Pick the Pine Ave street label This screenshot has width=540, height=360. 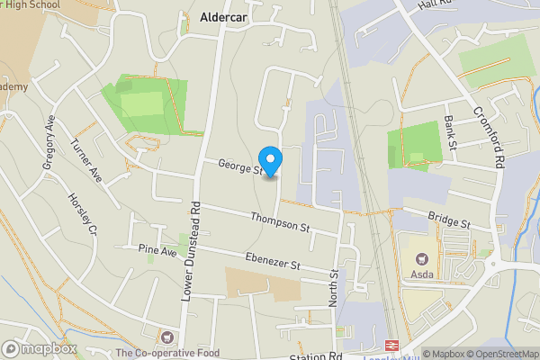tap(157, 249)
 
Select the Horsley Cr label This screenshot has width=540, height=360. tap(82, 215)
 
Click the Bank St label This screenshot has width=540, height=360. tap(450, 132)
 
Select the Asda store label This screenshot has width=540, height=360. tap(422, 274)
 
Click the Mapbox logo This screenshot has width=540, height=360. tap(39, 348)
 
